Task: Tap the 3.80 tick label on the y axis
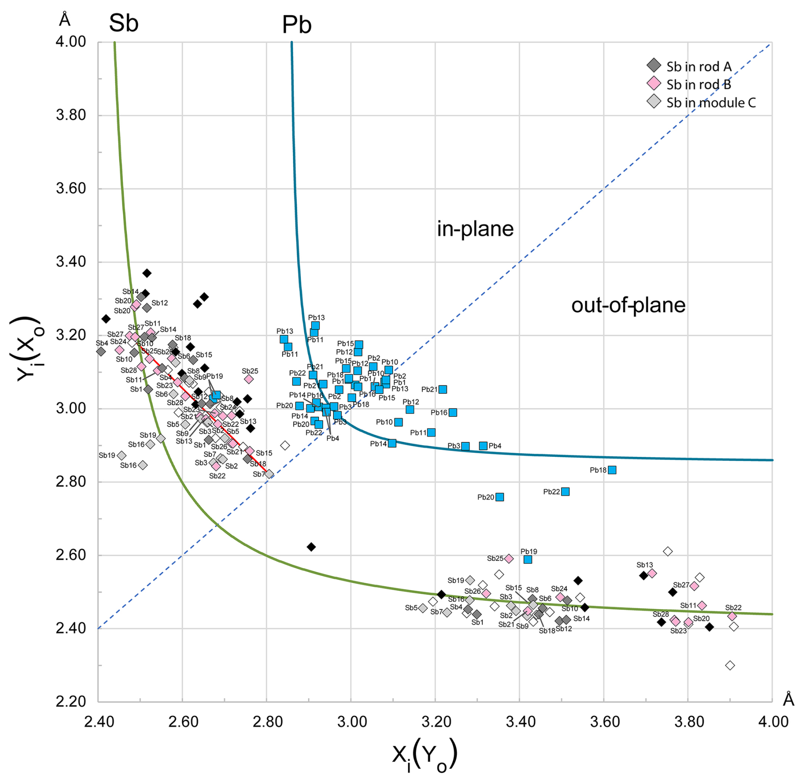(x=71, y=115)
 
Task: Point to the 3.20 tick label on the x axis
(x=435, y=722)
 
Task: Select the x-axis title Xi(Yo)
(x=424, y=755)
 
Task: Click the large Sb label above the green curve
(x=123, y=23)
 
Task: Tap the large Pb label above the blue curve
(x=297, y=25)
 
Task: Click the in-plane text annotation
(x=475, y=229)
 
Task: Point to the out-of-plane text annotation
(x=628, y=305)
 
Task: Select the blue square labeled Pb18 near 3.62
(x=612, y=470)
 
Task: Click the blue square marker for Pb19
(x=528, y=559)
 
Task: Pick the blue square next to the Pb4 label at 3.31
(x=483, y=446)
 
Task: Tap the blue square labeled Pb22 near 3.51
(x=565, y=492)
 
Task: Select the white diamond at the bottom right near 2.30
(x=730, y=665)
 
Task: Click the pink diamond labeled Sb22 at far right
(x=732, y=616)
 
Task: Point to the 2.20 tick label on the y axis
(x=71, y=701)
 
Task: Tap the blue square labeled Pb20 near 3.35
(x=500, y=497)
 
